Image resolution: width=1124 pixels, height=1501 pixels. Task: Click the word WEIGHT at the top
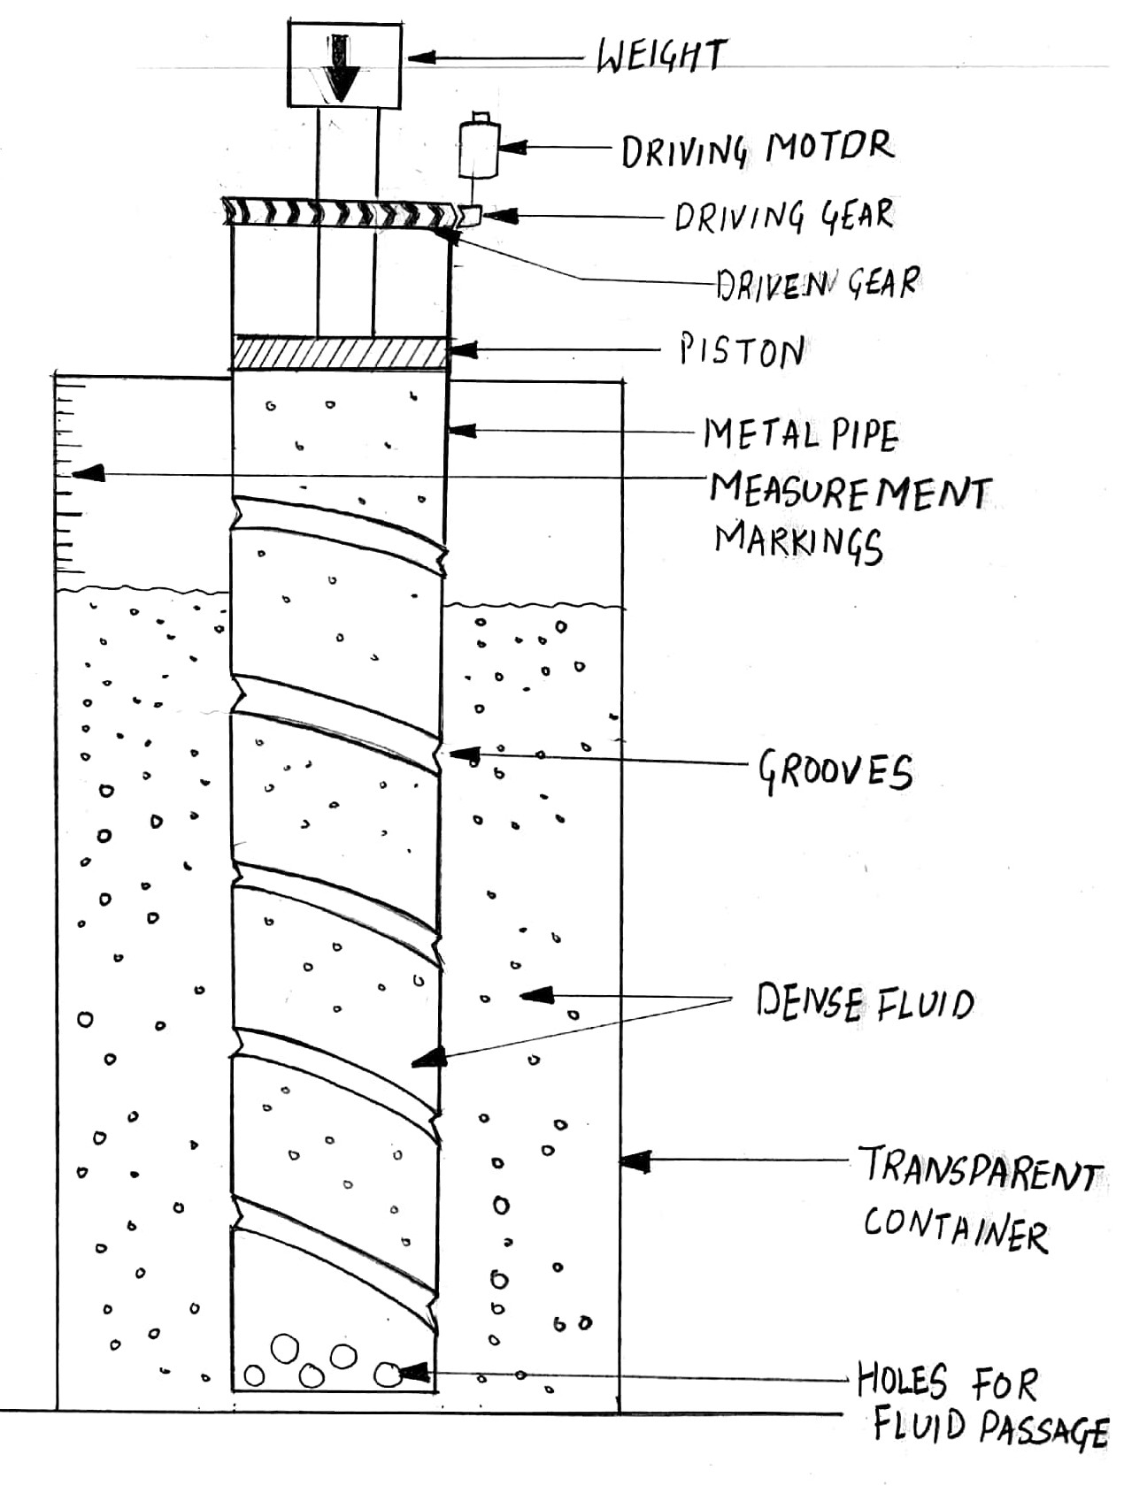660,57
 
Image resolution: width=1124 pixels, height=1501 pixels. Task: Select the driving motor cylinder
479,148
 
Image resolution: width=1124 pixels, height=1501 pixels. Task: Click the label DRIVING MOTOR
758,149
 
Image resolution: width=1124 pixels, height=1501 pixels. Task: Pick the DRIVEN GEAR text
817,283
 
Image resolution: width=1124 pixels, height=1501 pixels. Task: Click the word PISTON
742,351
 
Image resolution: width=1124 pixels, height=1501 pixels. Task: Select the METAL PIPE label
801,434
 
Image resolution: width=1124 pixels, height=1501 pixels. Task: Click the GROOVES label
835,771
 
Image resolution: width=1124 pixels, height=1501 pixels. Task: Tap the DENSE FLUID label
865,1003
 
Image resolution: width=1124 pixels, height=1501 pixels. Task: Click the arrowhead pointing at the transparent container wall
633,1160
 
